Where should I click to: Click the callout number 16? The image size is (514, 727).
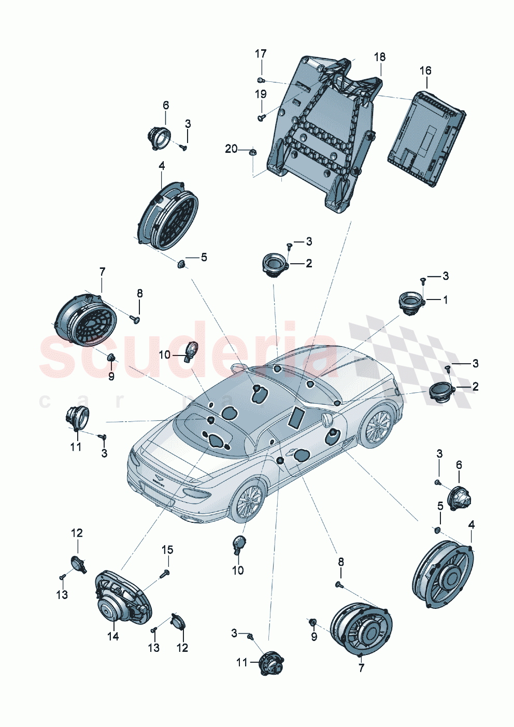pyautogui.click(x=425, y=70)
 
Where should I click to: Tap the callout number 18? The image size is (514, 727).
pyautogui.click(x=380, y=57)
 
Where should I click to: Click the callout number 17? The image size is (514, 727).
pyautogui.click(x=261, y=54)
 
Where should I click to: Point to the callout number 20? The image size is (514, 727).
pyautogui.click(x=231, y=149)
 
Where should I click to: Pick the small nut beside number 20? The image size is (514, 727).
pyautogui.click(x=252, y=152)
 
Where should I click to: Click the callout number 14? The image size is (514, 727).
pyautogui.click(x=113, y=636)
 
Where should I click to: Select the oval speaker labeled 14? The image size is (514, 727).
pyautogui.click(x=122, y=601)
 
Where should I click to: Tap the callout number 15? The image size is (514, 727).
pyautogui.click(x=167, y=550)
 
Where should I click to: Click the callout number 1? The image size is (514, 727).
pyautogui.click(x=445, y=300)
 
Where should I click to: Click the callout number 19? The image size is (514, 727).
pyautogui.click(x=261, y=94)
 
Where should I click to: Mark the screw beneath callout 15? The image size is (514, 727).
pyautogui.click(x=166, y=573)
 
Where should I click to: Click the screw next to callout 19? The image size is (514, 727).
pyautogui.click(x=261, y=119)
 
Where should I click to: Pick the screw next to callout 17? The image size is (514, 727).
pyautogui.click(x=261, y=80)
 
